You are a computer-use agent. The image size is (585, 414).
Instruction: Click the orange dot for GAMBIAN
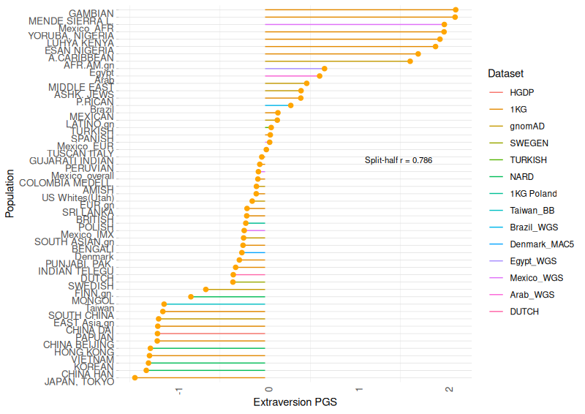pos(456,10)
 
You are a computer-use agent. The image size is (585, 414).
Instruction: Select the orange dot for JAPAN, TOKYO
pos(135,377)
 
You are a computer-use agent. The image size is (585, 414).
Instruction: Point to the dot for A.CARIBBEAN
pos(409,61)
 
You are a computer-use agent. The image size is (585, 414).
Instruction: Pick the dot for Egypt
pos(320,76)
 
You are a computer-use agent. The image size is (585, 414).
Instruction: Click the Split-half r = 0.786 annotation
pos(399,160)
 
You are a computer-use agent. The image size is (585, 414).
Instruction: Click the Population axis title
pos(10,195)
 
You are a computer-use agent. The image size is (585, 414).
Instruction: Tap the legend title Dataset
pos(505,74)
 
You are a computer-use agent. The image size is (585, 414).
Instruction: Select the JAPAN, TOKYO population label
pos(79,382)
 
